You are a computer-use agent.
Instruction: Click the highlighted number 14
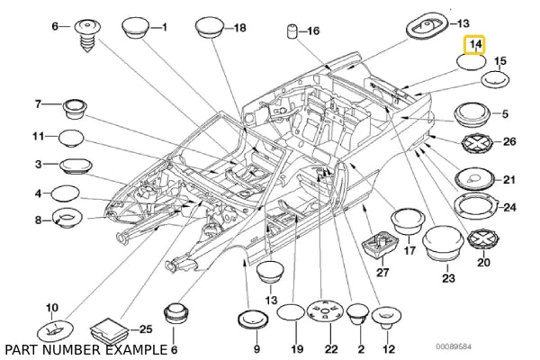472,43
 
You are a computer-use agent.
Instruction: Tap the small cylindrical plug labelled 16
292,34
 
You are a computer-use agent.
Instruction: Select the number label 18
239,28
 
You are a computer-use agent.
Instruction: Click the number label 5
504,113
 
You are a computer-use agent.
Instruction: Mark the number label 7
39,104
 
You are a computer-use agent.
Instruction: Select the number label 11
39,136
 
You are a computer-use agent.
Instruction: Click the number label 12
389,347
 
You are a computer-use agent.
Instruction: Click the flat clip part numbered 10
53,329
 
